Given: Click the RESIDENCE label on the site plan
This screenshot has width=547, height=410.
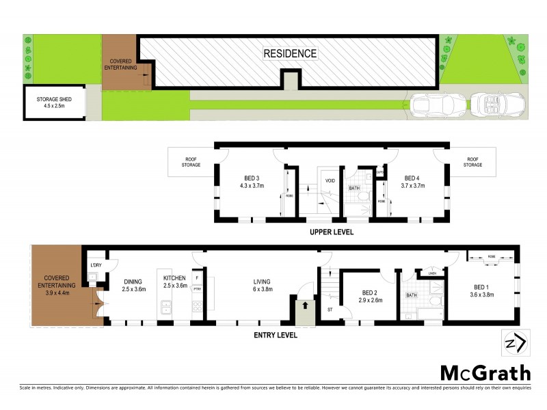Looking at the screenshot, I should pyautogui.click(x=290, y=53).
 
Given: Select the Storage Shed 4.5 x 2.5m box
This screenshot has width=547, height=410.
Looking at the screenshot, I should pyautogui.click(x=54, y=102).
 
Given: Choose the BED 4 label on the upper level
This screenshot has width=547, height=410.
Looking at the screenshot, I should pyautogui.click(x=414, y=180).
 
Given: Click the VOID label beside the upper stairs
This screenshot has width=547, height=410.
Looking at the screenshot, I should pyautogui.click(x=330, y=181).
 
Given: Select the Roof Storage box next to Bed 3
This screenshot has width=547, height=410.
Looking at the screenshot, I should pyautogui.click(x=191, y=162).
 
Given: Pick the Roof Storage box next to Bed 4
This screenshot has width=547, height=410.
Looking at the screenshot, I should pyautogui.click(x=472, y=162).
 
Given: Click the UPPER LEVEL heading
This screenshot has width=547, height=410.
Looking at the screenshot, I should pyautogui.click(x=331, y=232).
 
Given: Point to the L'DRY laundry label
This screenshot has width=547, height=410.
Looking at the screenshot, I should pyautogui.click(x=96, y=265).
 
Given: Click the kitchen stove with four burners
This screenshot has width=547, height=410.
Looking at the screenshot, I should pyautogui.click(x=165, y=310).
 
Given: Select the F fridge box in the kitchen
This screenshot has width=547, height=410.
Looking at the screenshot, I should pyautogui.click(x=198, y=279).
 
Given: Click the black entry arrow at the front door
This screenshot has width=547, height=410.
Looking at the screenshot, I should pyautogui.click(x=301, y=307).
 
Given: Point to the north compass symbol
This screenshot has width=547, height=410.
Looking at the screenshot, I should pyautogui.click(x=514, y=342).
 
